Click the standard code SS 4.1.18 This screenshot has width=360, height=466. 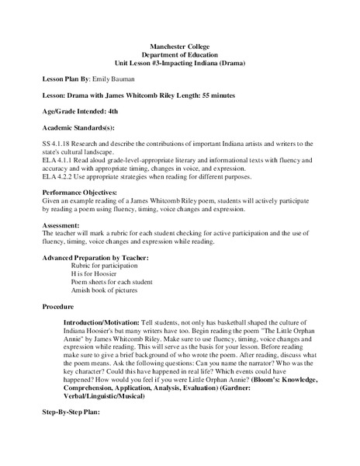(58, 144)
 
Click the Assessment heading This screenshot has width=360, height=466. (61, 224)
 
